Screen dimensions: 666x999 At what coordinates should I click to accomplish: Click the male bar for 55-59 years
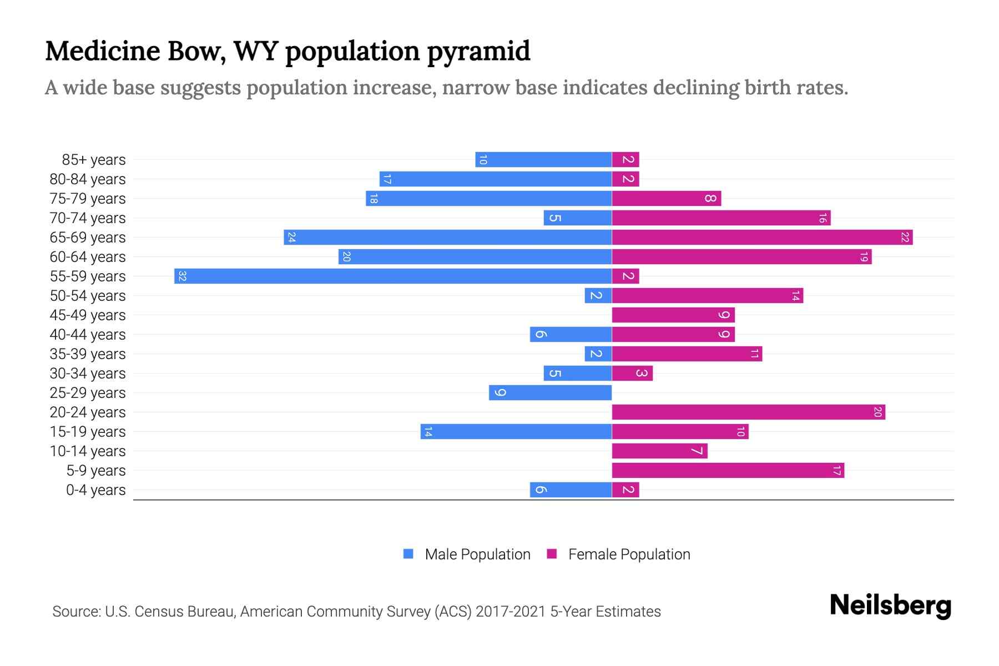pos(393,276)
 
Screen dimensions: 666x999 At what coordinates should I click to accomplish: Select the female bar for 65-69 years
pos(762,237)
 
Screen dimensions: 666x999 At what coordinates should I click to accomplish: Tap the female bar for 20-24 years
pos(748,412)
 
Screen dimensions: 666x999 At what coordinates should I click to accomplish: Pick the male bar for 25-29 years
pos(550,392)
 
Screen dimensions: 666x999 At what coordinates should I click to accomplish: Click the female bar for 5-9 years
pos(728,470)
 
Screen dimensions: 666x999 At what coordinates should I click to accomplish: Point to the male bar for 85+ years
pos(543,159)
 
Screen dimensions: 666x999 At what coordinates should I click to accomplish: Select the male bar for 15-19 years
pos(516,431)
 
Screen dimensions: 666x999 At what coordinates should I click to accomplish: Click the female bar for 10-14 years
pos(659,451)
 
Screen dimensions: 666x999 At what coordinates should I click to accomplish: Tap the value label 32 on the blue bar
pos(182,276)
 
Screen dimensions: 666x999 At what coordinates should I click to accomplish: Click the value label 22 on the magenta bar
pos(905,237)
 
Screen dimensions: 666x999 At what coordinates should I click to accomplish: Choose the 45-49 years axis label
pos(88,315)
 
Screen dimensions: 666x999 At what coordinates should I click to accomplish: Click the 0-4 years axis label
pos(95,490)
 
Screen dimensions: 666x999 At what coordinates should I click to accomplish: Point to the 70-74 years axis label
pos(88,218)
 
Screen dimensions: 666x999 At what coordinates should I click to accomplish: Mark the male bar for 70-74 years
pos(578,218)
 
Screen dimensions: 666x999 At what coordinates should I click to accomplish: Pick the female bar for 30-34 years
pos(632,373)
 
